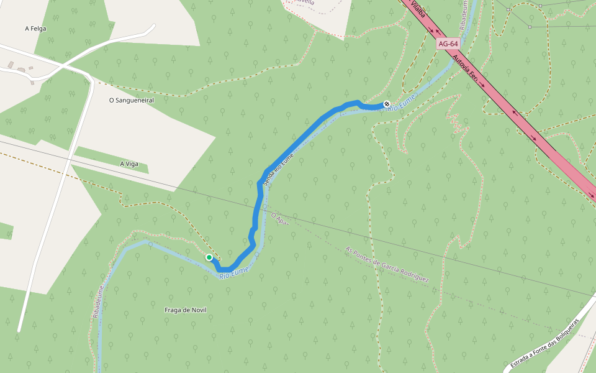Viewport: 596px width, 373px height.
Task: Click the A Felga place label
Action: tap(35, 28)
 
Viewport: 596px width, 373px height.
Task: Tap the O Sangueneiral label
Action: tap(131, 99)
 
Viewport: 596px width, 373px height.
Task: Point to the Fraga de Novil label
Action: tap(185, 310)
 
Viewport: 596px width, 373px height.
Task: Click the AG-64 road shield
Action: tap(448, 44)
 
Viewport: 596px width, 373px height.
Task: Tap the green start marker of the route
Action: tap(209, 257)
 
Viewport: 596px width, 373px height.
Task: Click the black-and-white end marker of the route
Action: tap(387, 104)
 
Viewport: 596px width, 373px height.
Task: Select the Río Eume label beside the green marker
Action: tap(234, 272)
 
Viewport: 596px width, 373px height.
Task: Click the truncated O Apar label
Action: tap(280, 219)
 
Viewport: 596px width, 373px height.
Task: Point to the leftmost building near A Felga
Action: tap(11, 64)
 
